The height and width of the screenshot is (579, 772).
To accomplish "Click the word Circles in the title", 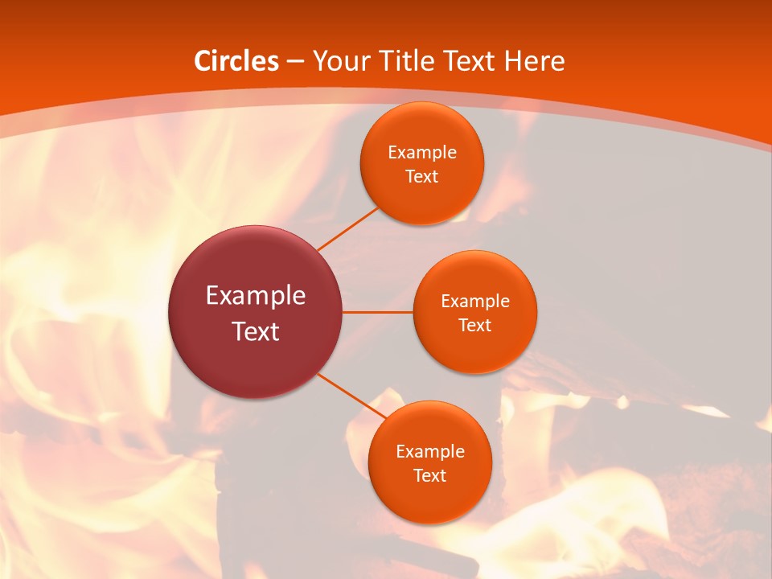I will click(x=236, y=61).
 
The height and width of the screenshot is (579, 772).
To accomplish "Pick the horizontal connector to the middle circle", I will click(x=377, y=312).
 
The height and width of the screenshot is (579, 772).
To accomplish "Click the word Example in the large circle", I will click(x=256, y=296).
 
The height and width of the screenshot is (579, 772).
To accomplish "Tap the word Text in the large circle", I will click(x=256, y=331).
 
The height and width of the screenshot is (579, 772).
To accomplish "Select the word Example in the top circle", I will click(x=422, y=153).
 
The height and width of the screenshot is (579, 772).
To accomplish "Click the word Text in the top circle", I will click(x=422, y=177).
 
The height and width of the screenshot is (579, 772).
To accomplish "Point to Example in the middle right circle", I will click(x=475, y=302).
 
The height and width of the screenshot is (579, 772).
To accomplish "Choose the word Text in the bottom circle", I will click(x=429, y=476).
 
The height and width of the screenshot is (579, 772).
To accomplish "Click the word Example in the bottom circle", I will click(x=429, y=452).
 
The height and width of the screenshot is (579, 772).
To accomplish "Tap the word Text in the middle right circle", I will click(x=475, y=326).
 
